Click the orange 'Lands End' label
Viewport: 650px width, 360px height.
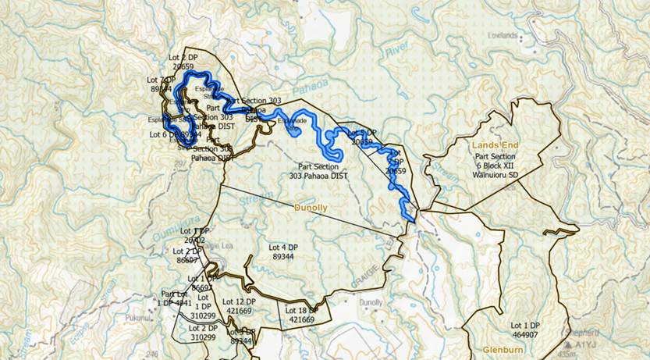coord(500,145)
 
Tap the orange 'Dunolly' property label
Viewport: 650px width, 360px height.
coord(312,209)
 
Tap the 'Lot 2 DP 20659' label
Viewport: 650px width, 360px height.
coord(185,63)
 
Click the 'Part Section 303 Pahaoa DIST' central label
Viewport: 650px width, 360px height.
coord(318,172)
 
